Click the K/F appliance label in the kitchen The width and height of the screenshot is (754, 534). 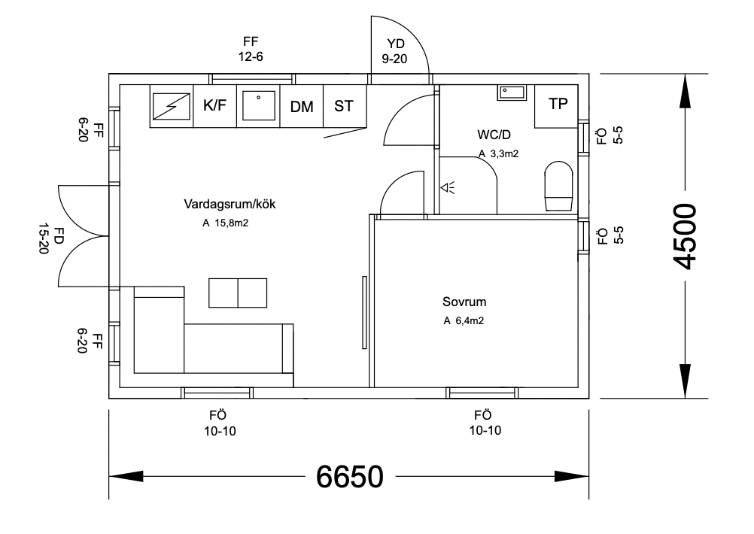(x=215, y=106)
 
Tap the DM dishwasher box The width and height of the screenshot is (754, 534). (x=302, y=107)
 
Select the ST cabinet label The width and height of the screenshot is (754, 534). (x=344, y=106)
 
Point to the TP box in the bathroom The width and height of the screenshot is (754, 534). (x=558, y=105)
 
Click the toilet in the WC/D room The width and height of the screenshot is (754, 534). (x=558, y=186)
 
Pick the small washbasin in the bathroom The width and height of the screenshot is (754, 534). (x=512, y=93)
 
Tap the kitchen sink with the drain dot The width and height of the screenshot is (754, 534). (x=259, y=106)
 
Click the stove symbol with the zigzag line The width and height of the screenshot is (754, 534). (x=172, y=106)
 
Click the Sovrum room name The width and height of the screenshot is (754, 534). (x=464, y=302)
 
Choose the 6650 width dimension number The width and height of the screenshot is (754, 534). (x=350, y=476)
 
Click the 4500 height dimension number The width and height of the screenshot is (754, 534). (x=686, y=235)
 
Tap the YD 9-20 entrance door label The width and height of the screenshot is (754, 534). (x=394, y=52)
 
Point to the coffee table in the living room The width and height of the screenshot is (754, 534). (x=238, y=293)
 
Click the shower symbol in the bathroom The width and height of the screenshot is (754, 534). (x=448, y=187)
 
